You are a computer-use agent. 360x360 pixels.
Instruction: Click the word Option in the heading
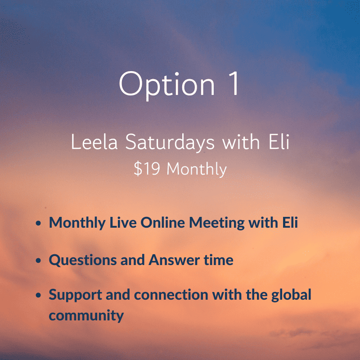pyautogui.click(x=167, y=85)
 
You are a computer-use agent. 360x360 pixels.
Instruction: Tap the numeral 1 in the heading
pyautogui.click(x=233, y=83)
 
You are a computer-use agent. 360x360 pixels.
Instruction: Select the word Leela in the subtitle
pyautogui.click(x=94, y=142)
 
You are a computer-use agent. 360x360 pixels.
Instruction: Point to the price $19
pyautogui.click(x=147, y=169)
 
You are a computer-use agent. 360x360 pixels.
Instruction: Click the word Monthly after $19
pyautogui.click(x=197, y=170)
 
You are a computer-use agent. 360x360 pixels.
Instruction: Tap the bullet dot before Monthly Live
pyautogui.click(x=38, y=223)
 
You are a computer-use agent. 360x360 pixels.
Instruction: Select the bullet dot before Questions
pyautogui.click(x=38, y=261)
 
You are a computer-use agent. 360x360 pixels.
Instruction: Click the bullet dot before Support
pyautogui.click(x=38, y=295)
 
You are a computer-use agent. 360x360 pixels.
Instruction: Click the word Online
pyautogui.click(x=163, y=222)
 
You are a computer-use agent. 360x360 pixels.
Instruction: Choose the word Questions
pyautogui.click(x=83, y=261)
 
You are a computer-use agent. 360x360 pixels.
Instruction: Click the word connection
pyautogui.click(x=171, y=295)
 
